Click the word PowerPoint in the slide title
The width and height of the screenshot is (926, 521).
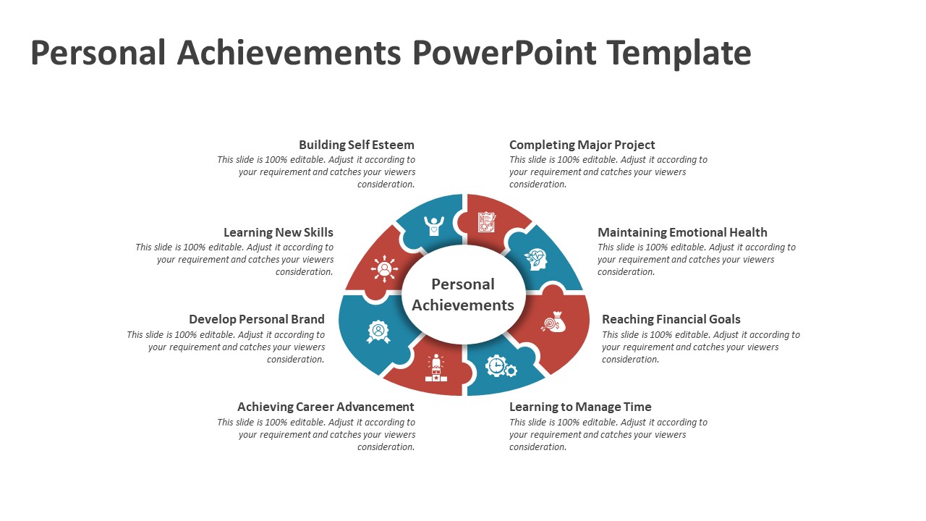504,53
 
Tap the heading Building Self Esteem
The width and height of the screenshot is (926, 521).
357,145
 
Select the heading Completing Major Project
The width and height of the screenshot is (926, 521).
582,145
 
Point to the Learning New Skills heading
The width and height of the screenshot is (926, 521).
279,232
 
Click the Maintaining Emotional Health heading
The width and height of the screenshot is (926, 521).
682,232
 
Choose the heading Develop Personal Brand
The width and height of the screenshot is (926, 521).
257,319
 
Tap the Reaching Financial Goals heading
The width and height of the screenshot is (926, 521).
671,319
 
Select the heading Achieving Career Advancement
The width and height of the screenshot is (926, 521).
326,407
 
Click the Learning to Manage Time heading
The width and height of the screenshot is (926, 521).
580,407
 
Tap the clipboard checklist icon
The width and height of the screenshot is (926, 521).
487,222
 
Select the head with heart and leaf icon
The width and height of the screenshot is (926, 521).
536,260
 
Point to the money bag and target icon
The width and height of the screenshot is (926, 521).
553,322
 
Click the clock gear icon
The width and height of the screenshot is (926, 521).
501,366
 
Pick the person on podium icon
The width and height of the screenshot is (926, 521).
436,368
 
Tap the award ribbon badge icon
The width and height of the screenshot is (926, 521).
378,331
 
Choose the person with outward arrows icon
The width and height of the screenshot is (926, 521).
384,269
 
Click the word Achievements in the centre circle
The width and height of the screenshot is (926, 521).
463,305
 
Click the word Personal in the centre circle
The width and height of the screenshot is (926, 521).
463,284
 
